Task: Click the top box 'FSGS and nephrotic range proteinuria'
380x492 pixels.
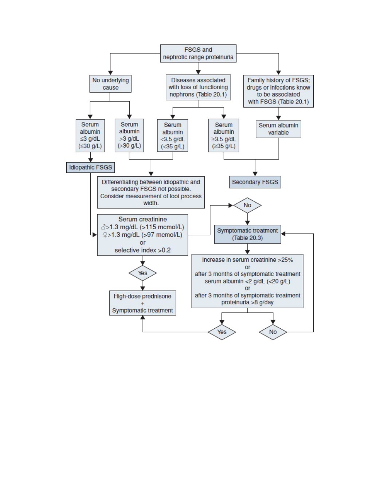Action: click(x=198, y=54)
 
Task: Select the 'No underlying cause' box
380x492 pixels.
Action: click(x=110, y=84)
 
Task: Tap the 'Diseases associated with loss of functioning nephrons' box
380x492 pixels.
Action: click(x=198, y=87)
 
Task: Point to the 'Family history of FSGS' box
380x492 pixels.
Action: click(x=278, y=91)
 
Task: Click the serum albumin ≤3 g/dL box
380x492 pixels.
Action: click(x=90, y=136)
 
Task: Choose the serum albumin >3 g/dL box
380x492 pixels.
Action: click(x=129, y=136)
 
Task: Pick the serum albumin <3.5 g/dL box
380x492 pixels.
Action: click(x=172, y=136)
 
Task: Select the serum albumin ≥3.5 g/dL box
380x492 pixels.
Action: click(x=224, y=136)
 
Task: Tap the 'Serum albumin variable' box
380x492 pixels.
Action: click(x=278, y=129)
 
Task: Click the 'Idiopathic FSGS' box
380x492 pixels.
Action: click(x=90, y=167)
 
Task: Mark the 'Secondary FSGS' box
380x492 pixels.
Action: click(x=255, y=182)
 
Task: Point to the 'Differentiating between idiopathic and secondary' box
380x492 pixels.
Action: click(x=151, y=192)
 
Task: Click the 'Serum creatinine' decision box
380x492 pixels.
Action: click(x=142, y=235)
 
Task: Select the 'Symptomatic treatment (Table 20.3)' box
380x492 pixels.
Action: click(x=247, y=234)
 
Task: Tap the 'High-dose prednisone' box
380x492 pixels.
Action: click(x=142, y=303)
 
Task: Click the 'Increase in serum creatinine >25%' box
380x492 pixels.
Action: click(x=247, y=281)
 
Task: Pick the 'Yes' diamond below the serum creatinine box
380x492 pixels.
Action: click(x=142, y=273)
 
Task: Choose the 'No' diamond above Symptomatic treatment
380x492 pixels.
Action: click(x=247, y=205)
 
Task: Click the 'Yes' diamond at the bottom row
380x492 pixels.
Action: click(x=222, y=332)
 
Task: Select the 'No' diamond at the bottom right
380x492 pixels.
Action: click(x=273, y=332)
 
